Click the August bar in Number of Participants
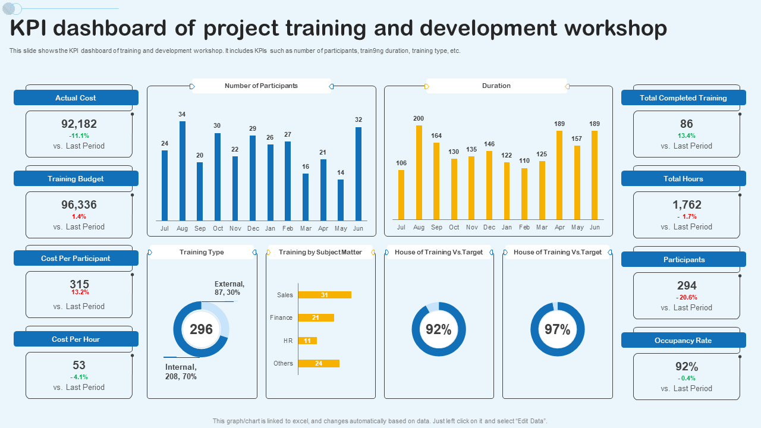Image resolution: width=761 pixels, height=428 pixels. pyautogui.click(x=183, y=171)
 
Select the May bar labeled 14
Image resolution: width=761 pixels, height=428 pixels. pyautogui.click(x=341, y=200)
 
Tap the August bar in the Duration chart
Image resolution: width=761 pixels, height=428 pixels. pyautogui.click(x=419, y=172)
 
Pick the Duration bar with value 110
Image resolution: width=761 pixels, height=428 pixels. pyautogui.click(x=524, y=194)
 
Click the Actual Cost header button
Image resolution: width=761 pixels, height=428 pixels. pyautogui.click(x=76, y=98)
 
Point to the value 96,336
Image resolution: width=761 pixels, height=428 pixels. pyautogui.click(x=79, y=204)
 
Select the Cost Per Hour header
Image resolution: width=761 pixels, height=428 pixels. pyautogui.click(x=76, y=339)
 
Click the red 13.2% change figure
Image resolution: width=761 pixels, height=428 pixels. pyautogui.click(x=80, y=292)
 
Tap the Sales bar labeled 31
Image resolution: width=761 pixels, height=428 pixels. pyautogui.click(x=325, y=295)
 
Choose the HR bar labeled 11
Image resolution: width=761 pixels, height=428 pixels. pyautogui.click(x=307, y=341)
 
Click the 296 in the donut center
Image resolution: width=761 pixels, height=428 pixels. pyautogui.click(x=201, y=329)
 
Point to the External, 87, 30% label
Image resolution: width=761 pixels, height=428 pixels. pyautogui.click(x=229, y=288)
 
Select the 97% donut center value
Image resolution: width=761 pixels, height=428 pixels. pyautogui.click(x=558, y=329)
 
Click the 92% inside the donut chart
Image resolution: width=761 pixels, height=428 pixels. pyautogui.click(x=439, y=329)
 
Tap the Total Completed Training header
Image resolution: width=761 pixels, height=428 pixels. pyautogui.click(x=683, y=98)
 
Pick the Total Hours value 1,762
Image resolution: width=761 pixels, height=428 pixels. pyautogui.click(x=687, y=204)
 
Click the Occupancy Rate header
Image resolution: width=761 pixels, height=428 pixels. pyautogui.click(x=683, y=341)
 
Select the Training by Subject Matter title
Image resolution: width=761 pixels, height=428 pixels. pyautogui.click(x=320, y=252)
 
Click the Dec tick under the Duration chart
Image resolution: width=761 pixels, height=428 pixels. pyautogui.click(x=489, y=227)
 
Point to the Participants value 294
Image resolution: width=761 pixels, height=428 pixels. pyautogui.click(x=687, y=285)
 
